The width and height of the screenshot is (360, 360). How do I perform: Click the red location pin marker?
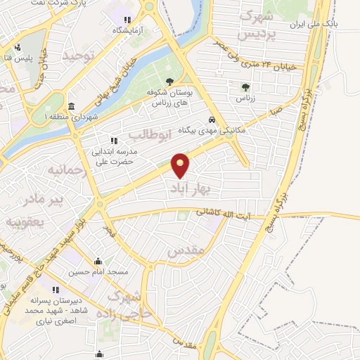tap(181, 166)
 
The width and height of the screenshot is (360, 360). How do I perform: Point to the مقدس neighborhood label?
tap(186, 250)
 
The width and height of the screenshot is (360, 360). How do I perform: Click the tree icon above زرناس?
tap(245, 87)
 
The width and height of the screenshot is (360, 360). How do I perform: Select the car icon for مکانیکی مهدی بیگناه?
tap(212, 119)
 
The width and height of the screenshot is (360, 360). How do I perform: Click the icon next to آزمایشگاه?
tap(127, 20)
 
